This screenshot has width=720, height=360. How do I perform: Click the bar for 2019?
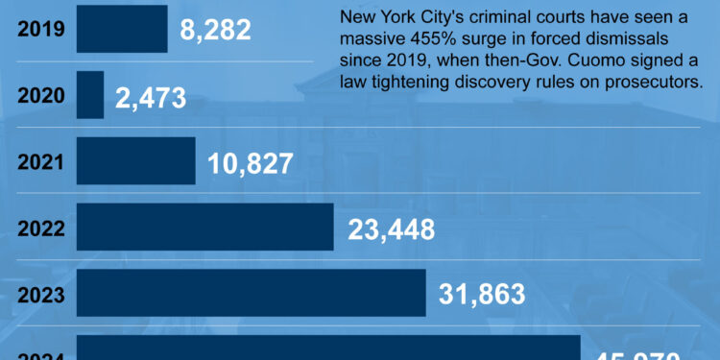(121, 28)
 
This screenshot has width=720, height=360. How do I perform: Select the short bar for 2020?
(90, 95)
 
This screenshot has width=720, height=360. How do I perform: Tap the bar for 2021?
(135, 161)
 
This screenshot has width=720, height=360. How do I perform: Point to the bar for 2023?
(251, 293)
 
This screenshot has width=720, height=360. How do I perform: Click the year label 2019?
(40, 29)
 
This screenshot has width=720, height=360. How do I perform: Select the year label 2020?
(40, 96)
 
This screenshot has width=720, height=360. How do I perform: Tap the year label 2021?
(40, 162)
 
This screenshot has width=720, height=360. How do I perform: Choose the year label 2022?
(40, 229)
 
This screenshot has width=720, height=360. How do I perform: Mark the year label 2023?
(40, 295)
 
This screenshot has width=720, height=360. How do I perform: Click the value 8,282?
(215, 29)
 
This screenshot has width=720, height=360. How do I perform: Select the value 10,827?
(250, 164)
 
